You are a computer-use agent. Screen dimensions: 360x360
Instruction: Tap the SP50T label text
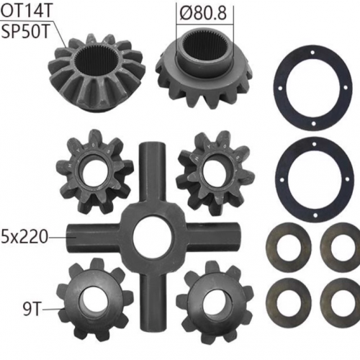pyautogui.click(x=26, y=31)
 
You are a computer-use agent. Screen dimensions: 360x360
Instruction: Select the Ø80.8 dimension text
pyautogui.click(x=203, y=13)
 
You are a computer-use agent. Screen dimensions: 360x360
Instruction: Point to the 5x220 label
pyautogui.click(x=24, y=237)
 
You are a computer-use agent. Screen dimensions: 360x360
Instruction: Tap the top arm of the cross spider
pyautogui.click(x=153, y=173)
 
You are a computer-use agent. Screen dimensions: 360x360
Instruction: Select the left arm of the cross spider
pyautogui.click(x=94, y=238)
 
